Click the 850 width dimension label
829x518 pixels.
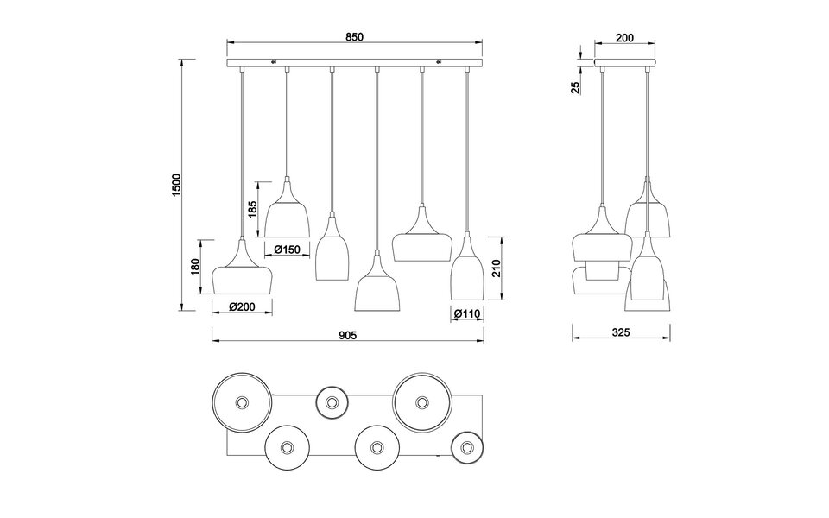(354, 36)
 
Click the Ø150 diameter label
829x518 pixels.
(287, 250)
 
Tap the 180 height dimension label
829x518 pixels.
(195, 268)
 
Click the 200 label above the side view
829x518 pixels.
(625, 37)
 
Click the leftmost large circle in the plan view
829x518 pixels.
(242, 402)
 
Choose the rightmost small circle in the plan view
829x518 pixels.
(467, 446)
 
